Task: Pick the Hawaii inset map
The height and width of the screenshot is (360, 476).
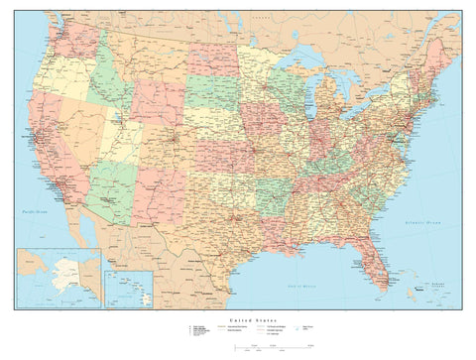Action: tap(128, 289)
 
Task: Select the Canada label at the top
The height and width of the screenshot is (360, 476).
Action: tap(263, 18)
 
